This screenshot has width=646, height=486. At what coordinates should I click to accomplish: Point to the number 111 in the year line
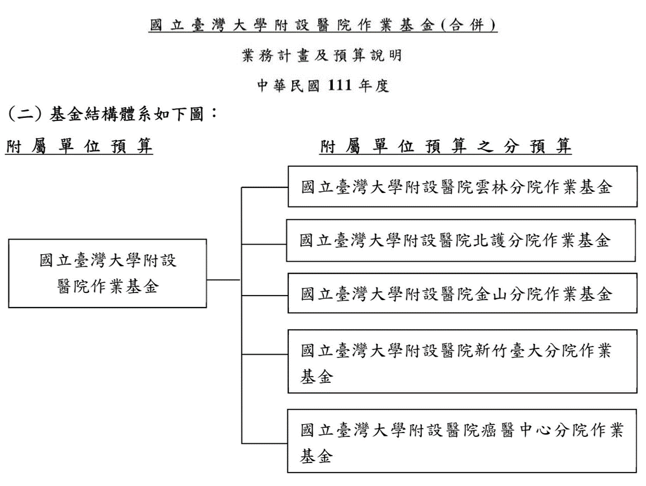[x=340, y=85]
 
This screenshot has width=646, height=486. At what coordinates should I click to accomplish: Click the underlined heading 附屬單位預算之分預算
[x=446, y=147]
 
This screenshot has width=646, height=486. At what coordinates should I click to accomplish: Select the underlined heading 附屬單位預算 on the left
[x=79, y=147]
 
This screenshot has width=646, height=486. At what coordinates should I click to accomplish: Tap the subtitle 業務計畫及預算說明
[x=322, y=55]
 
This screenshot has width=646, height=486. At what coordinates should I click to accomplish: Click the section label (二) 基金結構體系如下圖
[x=112, y=114]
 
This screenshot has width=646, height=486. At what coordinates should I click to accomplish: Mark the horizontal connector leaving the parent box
[x=223, y=280]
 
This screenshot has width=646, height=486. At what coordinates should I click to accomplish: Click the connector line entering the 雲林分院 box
[x=265, y=187]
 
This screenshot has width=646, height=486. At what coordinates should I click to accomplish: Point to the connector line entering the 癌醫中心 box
[x=265, y=443]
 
